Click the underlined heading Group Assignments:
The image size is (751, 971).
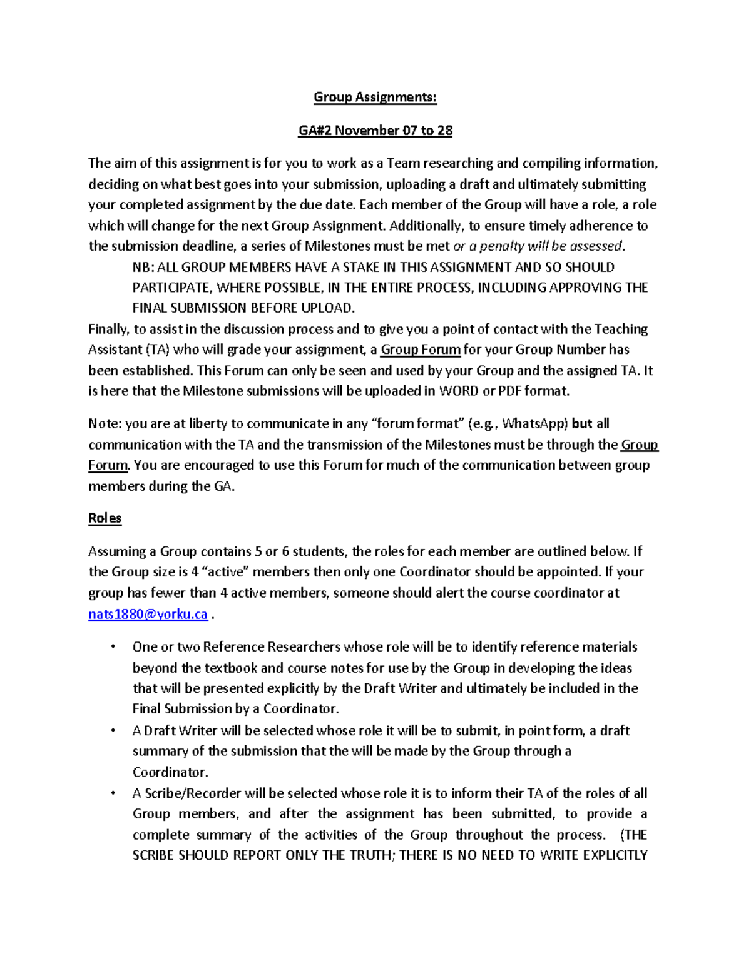(x=375, y=97)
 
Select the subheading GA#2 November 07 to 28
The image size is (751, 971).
(x=375, y=130)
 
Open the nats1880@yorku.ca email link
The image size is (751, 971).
(x=148, y=614)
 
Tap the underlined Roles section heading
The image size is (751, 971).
(x=105, y=518)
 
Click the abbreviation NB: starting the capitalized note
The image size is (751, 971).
(x=143, y=268)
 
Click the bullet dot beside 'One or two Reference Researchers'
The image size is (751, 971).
(x=113, y=646)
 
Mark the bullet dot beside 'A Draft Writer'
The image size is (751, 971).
(x=113, y=730)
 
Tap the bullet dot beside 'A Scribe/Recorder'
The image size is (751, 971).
(x=113, y=793)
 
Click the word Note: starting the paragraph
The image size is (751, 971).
(x=105, y=424)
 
